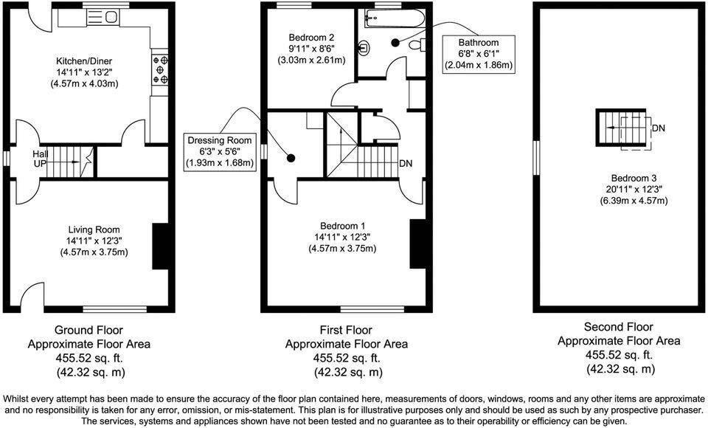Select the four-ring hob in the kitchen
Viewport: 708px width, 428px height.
pyautogui.click(x=159, y=68)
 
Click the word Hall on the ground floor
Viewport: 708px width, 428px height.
pyautogui.click(x=41, y=153)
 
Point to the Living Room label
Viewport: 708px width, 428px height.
pyautogui.click(x=94, y=229)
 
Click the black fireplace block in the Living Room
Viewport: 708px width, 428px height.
pyautogui.click(x=159, y=246)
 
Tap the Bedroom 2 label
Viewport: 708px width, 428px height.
pyautogui.click(x=311, y=38)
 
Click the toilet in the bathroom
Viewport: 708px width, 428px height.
pyautogui.click(x=417, y=46)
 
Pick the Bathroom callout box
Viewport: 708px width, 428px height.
pyautogui.click(x=478, y=54)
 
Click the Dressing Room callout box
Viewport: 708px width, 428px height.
pyautogui.click(x=220, y=151)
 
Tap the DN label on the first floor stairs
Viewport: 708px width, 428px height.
pyautogui.click(x=406, y=163)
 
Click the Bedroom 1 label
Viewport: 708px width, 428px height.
pyautogui.click(x=342, y=226)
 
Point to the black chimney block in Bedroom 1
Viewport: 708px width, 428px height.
pyautogui.click(x=417, y=244)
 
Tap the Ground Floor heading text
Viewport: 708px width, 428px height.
pyautogui.click(x=88, y=330)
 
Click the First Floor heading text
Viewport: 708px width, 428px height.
pyautogui.click(x=346, y=330)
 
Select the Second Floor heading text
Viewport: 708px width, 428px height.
pyautogui.click(x=619, y=327)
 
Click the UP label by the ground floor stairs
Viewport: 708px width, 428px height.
pyautogui.click(x=40, y=164)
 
